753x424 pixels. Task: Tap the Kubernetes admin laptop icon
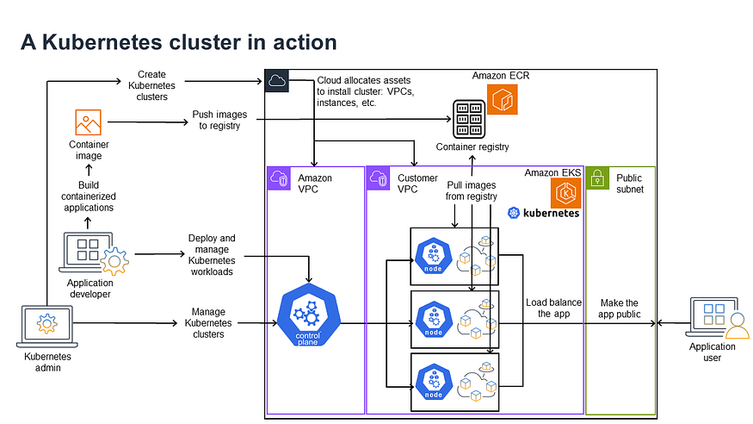tap(46, 327)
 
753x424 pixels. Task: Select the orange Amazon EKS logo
tap(565, 192)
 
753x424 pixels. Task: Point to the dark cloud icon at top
tap(277, 81)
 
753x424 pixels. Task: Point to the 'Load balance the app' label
tap(553, 308)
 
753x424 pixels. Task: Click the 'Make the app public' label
tap(620, 308)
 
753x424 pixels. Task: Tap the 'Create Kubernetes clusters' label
tap(151, 85)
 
